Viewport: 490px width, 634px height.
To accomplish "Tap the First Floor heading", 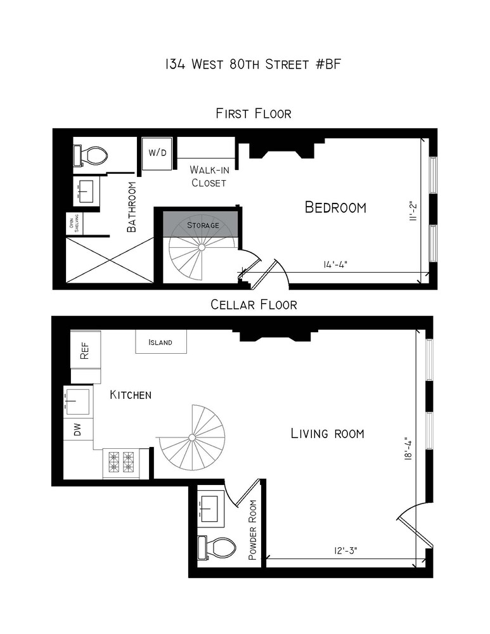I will tap(254, 114).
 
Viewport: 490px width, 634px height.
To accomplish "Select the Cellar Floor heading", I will tap(254, 305).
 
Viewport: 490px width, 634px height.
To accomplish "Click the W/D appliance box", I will tap(157, 153).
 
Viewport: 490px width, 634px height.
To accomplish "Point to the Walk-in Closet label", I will tap(209, 176).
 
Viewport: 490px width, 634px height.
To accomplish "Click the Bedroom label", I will tap(335, 207).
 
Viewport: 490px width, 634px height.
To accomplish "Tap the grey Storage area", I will tap(202, 225).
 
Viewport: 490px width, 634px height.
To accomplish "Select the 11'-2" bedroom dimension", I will tap(413, 210).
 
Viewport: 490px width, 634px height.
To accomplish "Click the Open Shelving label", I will tap(70, 224).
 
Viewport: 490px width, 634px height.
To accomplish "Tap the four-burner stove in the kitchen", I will tap(121, 463).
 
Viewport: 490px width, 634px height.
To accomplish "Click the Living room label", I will tap(327, 434).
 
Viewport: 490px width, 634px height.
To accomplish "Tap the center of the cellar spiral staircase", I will tap(191, 437).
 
